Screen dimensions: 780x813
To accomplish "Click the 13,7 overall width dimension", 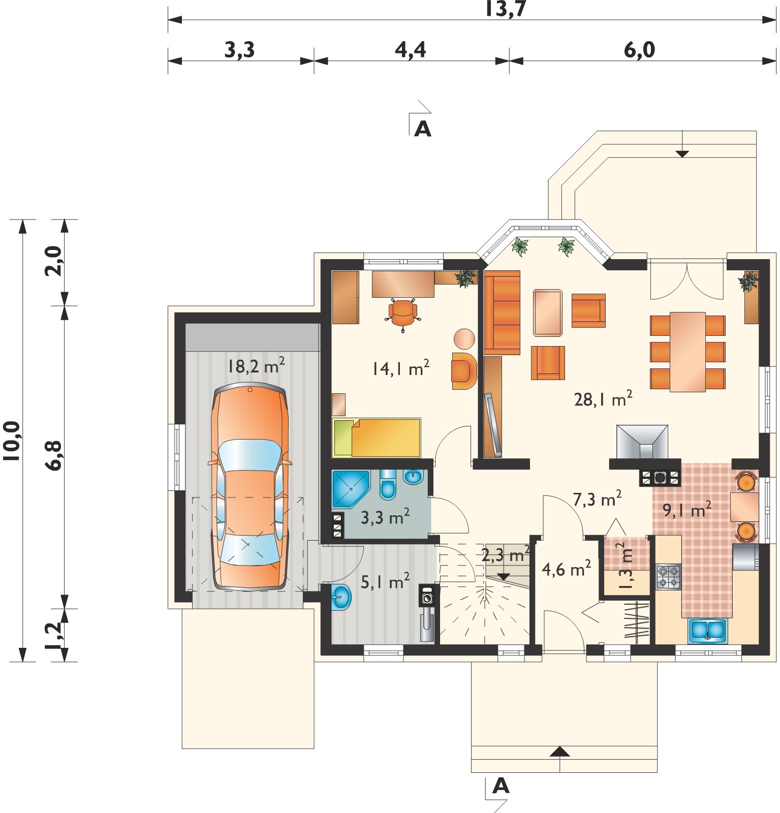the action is (x=505, y=9).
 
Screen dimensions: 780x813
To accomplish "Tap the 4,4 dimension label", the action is (x=411, y=50).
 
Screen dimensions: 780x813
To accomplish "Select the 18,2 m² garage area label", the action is (x=256, y=366).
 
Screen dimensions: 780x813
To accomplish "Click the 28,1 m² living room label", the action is (x=603, y=399).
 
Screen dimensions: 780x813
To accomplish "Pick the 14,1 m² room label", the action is (x=401, y=368).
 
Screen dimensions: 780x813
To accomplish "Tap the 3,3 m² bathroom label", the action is (x=385, y=517).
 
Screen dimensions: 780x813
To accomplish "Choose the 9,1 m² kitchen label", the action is (x=687, y=510).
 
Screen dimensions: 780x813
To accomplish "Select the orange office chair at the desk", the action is (x=403, y=313).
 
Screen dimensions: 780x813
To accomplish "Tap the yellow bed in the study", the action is (x=377, y=437).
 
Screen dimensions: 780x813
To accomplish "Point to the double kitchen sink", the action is (x=708, y=631).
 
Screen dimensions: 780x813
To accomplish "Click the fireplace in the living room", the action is (x=642, y=442).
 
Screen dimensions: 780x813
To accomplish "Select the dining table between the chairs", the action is (x=688, y=352).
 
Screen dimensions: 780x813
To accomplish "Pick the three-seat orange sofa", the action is (x=502, y=312).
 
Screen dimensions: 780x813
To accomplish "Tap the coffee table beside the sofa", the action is (x=548, y=312).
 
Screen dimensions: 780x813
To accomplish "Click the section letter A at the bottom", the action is (x=501, y=786).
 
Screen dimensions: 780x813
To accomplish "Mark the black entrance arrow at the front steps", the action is (x=559, y=752).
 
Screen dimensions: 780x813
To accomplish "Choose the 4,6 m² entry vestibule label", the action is (x=566, y=569).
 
